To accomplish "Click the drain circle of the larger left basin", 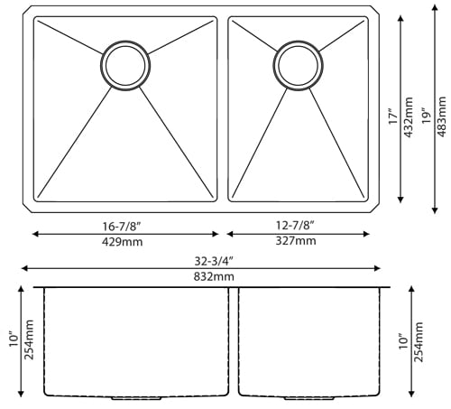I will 124,63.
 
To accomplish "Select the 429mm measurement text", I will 124,242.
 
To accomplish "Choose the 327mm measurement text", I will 294,242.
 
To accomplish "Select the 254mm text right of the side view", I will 420,342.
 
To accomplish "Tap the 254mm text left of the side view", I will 30,340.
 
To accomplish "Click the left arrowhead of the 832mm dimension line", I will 24,268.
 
